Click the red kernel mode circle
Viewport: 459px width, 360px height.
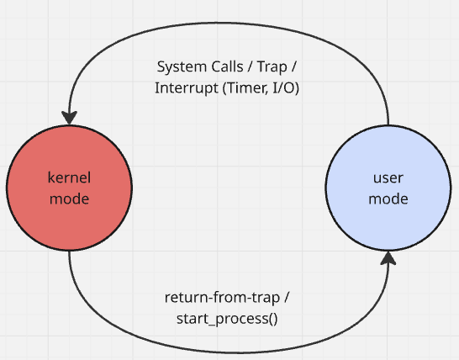(x=70, y=188)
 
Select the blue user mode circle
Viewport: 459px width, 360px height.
(x=388, y=188)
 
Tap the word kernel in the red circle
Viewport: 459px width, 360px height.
(x=69, y=177)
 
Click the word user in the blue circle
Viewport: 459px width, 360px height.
(x=388, y=177)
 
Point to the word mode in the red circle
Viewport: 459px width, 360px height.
(x=70, y=199)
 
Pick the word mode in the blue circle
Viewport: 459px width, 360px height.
(x=388, y=199)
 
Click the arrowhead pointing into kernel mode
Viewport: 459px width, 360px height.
(x=70, y=117)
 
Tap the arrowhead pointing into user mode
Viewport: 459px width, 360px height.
(x=388, y=258)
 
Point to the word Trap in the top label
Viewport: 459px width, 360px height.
(x=272, y=67)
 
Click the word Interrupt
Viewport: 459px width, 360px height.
(x=187, y=88)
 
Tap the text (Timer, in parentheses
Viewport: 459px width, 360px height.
(x=245, y=88)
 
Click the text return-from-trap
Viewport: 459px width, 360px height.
(x=222, y=298)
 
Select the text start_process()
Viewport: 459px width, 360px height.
(x=227, y=319)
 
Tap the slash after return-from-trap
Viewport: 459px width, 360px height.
(x=287, y=298)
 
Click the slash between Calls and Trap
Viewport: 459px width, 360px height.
(x=251, y=66)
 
